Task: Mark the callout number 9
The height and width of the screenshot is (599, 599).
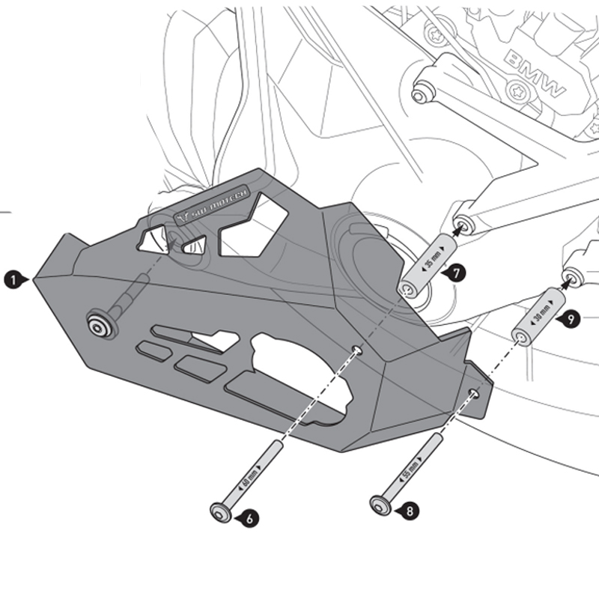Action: (x=571, y=318)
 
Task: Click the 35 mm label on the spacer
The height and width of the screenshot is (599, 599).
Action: (x=428, y=264)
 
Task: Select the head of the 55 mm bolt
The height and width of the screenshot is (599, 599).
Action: (x=380, y=505)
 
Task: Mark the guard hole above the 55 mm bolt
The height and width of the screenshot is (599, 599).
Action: (x=472, y=392)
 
